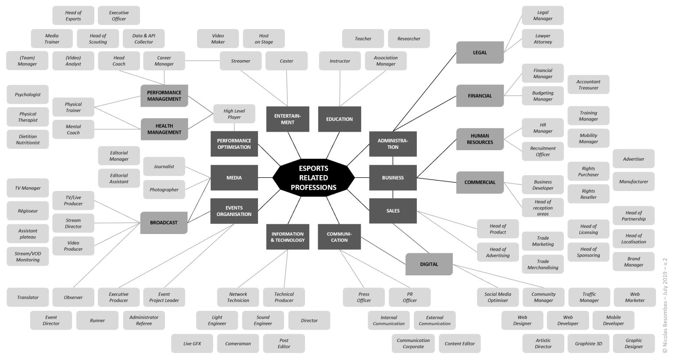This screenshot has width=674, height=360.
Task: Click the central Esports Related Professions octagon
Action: [x=313, y=178]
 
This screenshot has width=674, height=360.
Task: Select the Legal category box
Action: [x=480, y=53]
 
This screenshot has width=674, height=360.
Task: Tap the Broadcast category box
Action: [x=164, y=223]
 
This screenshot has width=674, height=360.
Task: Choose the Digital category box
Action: [x=429, y=264]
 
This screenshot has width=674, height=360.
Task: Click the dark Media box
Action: [x=234, y=178]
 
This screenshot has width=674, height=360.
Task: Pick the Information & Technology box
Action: [x=287, y=237]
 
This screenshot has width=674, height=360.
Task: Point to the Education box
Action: [x=339, y=119]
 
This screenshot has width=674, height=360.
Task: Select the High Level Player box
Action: [x=234, y=114]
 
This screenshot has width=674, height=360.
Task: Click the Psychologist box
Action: [x=28, y=95]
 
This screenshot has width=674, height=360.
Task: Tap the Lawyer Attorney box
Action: [x=542, y=39]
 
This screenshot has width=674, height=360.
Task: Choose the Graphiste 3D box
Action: [x=588, y=344]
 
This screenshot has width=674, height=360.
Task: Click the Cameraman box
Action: [x=238, y=344]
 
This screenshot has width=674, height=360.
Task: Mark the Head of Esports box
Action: [x=73, y=16]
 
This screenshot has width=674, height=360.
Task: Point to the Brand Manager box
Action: [x=633, y=262]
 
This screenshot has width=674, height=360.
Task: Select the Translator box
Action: [x=28, y=297]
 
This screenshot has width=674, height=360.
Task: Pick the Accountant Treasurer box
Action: [x=588, y=85]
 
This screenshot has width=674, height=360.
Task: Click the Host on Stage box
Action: [x=264, y=39]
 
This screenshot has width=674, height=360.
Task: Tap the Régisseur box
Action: [x=28, y=211]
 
